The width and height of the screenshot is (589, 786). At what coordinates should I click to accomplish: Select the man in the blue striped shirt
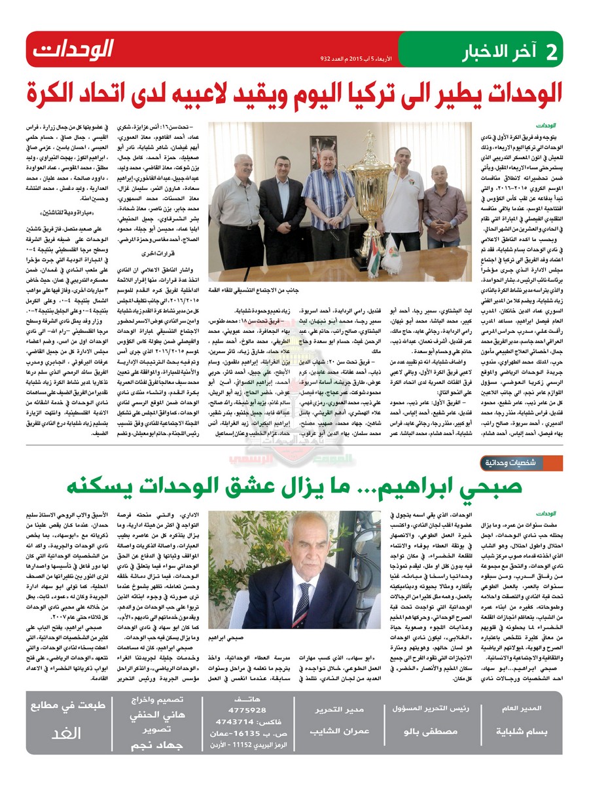[x=327, y=196]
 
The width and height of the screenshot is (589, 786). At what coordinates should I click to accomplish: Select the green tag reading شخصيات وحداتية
[x=531, y=462]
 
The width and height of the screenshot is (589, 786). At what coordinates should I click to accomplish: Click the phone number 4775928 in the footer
[x=247, y=709]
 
